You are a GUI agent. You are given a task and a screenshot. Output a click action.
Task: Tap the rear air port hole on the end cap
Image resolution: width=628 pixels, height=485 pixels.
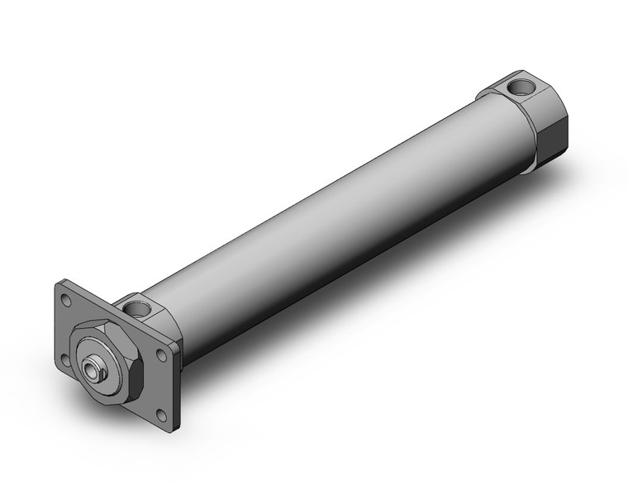tap(523, 85)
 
